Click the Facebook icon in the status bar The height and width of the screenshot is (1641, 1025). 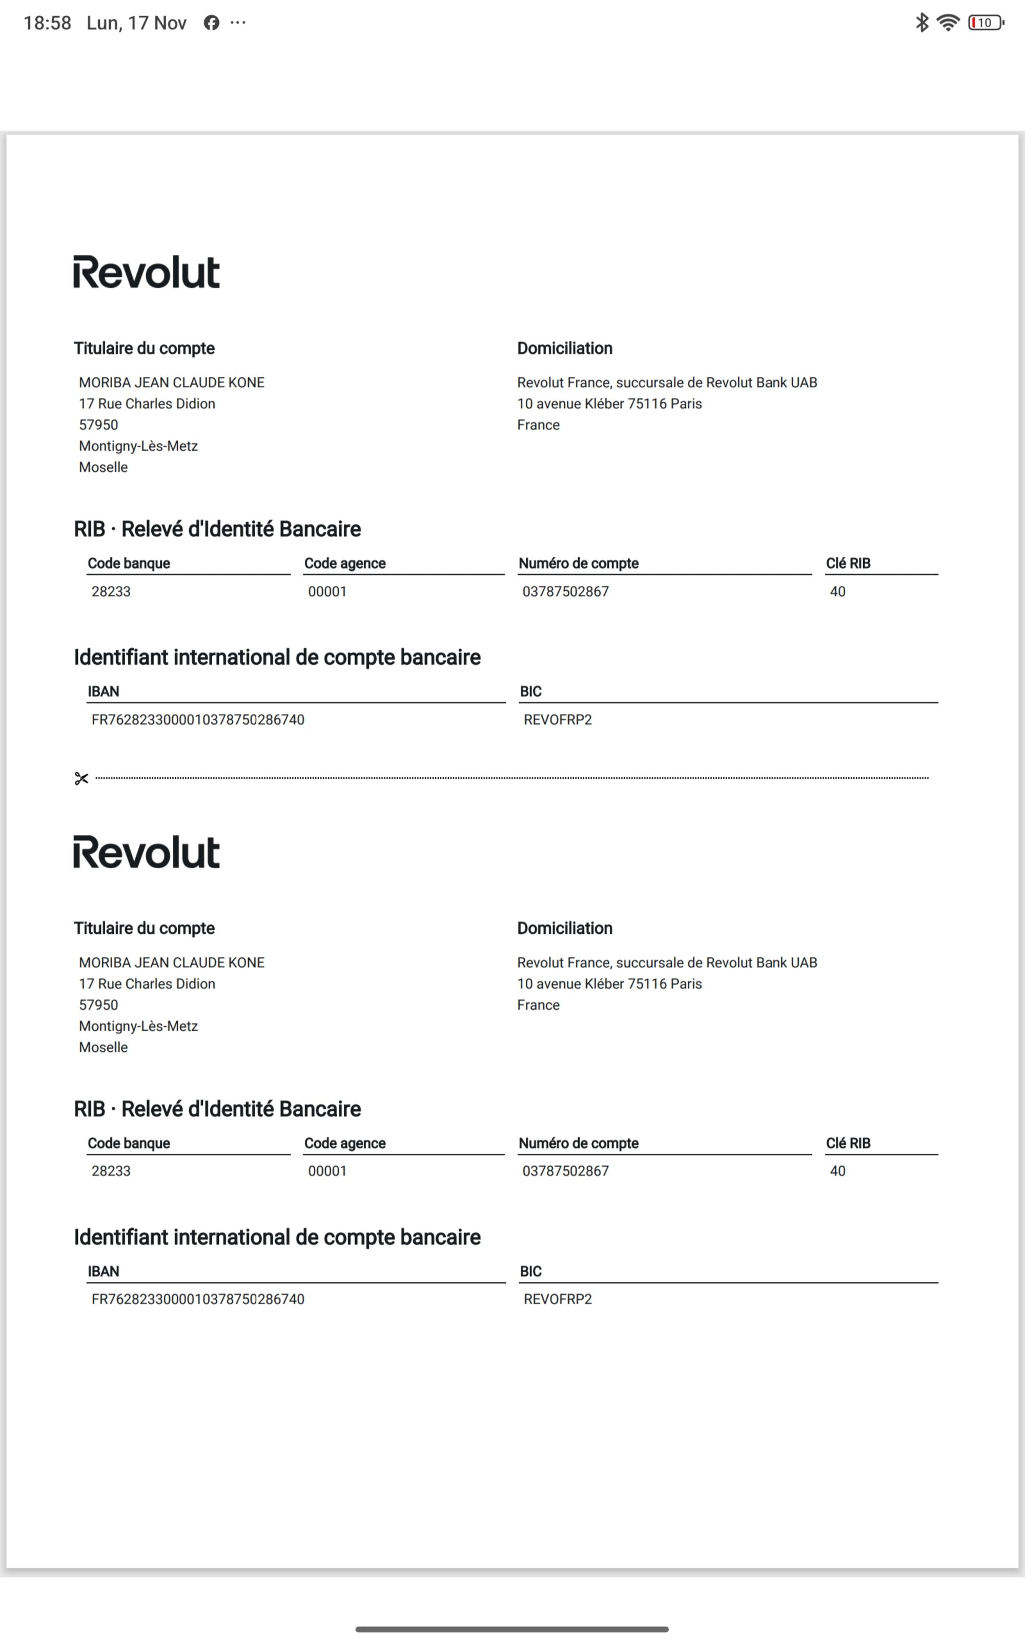tap(212, 23)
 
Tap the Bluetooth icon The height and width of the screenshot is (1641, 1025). tap(921, 23)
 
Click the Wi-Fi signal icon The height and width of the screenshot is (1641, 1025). tap(948, 23)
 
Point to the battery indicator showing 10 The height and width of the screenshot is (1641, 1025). tap(985, 23)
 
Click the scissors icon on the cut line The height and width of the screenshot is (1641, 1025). tap(81, 778)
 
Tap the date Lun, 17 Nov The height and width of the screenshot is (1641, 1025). tap(136, 23)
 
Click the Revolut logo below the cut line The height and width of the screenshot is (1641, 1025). tap(147, 852)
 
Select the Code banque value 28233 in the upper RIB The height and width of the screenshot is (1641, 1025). tap(111, 591)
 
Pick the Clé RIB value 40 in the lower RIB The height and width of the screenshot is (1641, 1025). tap(837, 1171)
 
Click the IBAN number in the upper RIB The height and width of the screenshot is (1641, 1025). tap(198, 719)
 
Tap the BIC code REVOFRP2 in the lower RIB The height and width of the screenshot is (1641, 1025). tap(557, 1299)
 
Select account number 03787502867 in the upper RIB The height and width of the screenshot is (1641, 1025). tap(565, 591)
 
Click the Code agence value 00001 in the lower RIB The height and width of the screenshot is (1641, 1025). tap(327, 1171)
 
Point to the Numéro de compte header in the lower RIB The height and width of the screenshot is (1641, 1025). tap(578, 1143)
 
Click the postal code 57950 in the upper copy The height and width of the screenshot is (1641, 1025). tap(98, 425)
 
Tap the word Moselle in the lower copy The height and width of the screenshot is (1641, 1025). tap(103, 1047)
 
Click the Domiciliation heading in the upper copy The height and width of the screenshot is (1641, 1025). tap(565, 349)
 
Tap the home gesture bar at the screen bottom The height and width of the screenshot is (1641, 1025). tap(512, 1629)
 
